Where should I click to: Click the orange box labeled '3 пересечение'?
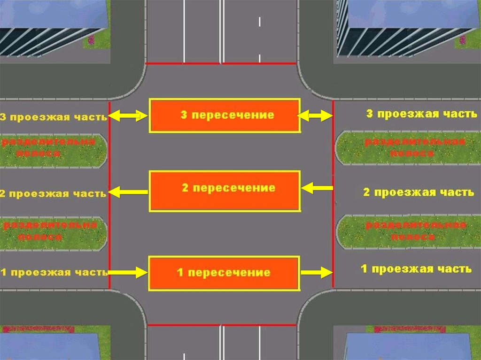tap(225, 115)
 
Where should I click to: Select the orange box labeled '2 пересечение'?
tap(225, 191)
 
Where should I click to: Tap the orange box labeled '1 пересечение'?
tap(224, 273)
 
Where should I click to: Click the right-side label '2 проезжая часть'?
tap(419, 192)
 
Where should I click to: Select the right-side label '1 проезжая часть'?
tap(416, 269)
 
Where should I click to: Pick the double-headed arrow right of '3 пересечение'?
tap(316, 115)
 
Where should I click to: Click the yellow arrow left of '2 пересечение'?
tap(128, 191)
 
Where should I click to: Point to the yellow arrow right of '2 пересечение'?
tap(317, 189)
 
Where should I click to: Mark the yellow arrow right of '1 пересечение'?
tap(316, 272)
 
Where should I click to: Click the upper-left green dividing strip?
tap(53, 151)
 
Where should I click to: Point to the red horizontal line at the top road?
tap(221, 63)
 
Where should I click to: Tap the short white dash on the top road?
tap(259, 22)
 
